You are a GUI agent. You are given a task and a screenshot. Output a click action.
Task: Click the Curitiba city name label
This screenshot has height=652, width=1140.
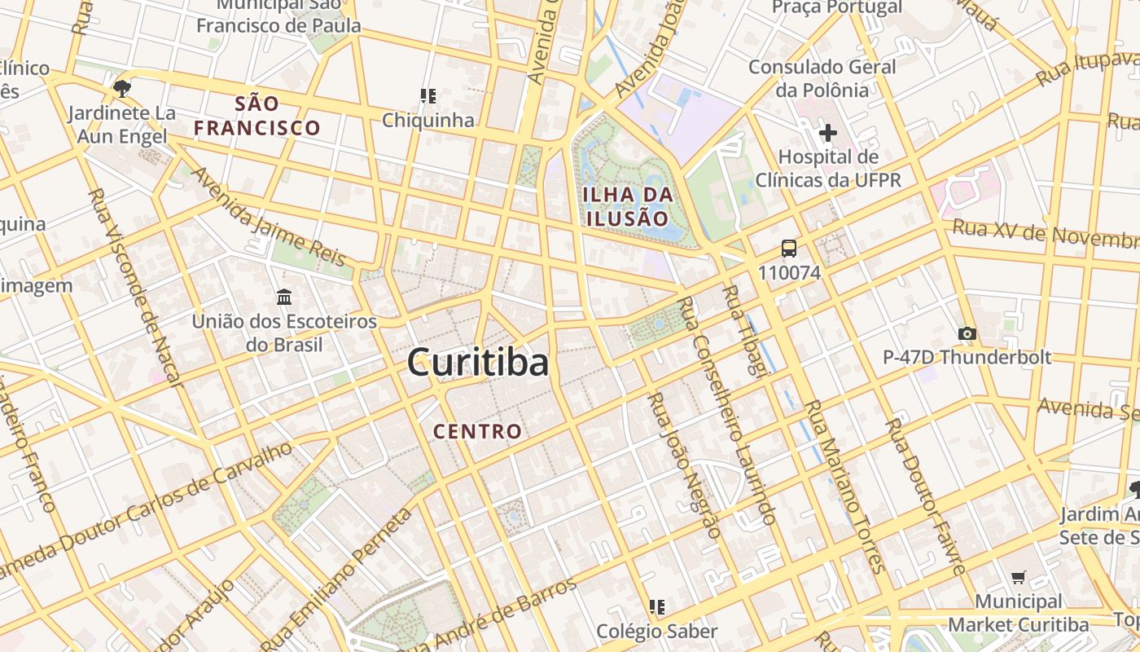tap(478, 362)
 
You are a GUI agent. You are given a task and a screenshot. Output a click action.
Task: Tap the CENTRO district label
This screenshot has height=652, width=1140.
tap(478, 431)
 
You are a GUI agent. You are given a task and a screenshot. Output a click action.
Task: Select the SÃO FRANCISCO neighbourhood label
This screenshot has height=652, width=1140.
tap(257, 116)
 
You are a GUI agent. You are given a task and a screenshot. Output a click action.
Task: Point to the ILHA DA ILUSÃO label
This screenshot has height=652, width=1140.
tap(627, 206)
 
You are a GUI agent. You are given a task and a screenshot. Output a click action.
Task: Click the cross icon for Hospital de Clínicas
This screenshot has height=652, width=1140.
tap(828, 132)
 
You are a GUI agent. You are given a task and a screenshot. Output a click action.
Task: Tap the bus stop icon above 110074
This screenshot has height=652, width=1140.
tap(788, 249)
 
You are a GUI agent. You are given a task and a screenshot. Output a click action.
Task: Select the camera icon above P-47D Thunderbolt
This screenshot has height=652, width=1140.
tap(967, 333)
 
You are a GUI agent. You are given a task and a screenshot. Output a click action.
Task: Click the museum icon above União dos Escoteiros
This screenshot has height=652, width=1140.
tap(284, 297)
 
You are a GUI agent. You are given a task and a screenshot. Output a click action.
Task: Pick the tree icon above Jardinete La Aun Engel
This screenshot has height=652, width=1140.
tap(122, 88)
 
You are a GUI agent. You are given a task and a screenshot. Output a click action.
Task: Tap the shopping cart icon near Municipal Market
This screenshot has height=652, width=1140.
tap(1018, 578)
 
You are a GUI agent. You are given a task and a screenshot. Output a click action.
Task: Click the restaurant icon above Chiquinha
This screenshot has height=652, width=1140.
tap(428, 96)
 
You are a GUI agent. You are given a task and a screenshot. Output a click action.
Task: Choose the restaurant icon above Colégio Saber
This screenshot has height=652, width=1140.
tap(657, 606)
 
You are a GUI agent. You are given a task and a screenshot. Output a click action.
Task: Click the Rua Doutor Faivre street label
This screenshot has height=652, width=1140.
tap(926, 497)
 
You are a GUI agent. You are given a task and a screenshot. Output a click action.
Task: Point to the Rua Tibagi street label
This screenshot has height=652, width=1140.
tap(744, 331)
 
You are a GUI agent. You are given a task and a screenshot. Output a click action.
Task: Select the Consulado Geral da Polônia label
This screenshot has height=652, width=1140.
tap(822, 78)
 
